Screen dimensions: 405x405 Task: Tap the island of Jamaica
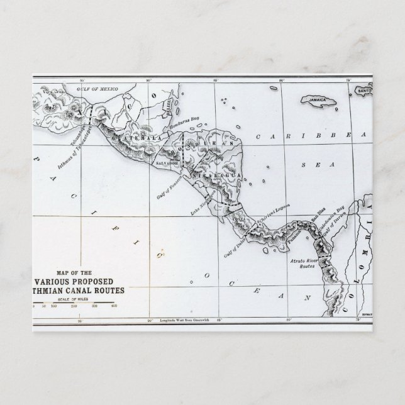(x=320, y=101)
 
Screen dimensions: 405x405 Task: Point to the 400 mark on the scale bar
(x=114, y=306)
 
